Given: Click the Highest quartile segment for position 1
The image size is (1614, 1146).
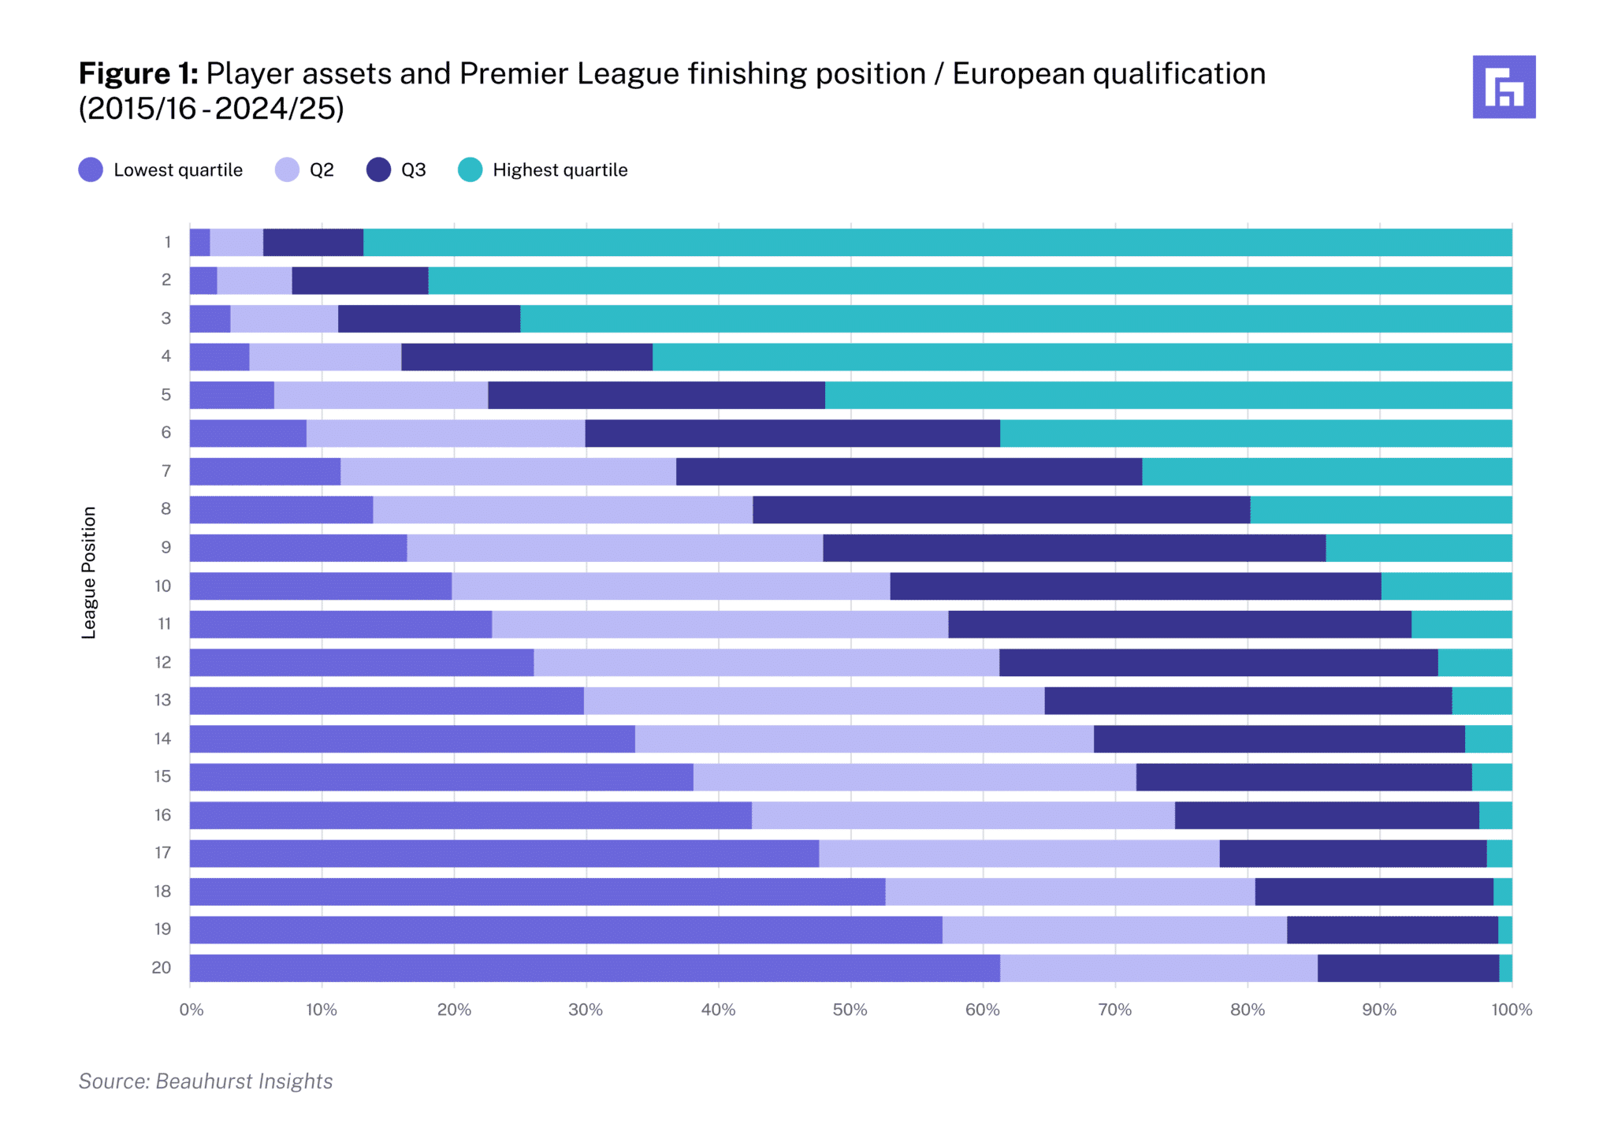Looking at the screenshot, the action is tap(938, 243).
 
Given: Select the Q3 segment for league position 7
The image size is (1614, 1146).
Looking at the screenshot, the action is tap(909, 471).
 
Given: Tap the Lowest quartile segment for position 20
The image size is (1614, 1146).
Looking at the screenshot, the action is tap(595, 968).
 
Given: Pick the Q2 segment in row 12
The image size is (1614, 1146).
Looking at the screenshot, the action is tap(766, 663).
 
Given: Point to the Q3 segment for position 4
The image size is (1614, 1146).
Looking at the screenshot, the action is tap(526, 357).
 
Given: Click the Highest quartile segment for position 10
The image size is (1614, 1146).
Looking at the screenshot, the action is tap(1447, 586).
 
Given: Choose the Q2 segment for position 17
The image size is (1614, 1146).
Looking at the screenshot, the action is tap(1019, 854).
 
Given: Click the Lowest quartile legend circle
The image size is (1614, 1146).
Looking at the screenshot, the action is tap(91, 169).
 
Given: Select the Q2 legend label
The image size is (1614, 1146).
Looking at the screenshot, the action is tap(322, 170).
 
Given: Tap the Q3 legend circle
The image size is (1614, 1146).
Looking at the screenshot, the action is tap(378, 169).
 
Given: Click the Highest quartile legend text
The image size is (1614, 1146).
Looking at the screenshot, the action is tap(560, 170).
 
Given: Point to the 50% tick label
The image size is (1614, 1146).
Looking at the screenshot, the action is tap(850, 1010).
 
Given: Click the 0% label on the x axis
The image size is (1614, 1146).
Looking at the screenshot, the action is tap(191, 1010).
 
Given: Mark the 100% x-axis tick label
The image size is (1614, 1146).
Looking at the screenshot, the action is tap(1512, 1010).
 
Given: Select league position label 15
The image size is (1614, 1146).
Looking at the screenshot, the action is tap(162, 776).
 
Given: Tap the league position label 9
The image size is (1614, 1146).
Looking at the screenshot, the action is tap(165, 547).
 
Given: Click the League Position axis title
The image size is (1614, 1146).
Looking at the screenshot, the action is tap(89, 572).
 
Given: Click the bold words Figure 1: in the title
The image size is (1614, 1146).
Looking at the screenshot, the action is tap(138, 73).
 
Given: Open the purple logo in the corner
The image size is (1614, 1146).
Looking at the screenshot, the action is tap(1504, 87).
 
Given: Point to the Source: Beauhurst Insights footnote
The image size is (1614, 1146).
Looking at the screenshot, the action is tap(206, 1081).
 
